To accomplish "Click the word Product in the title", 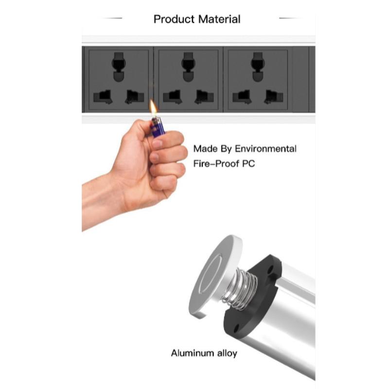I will click(174, 19).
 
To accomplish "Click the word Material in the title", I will click(219, 19).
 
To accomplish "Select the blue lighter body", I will click(158, 126).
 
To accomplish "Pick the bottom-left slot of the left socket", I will click(102, 97).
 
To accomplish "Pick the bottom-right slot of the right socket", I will click(273, 97).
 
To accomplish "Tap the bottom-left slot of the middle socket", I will click(172, 97).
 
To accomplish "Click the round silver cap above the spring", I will click(214, 276).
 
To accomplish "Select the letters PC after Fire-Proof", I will click(247, 164).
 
